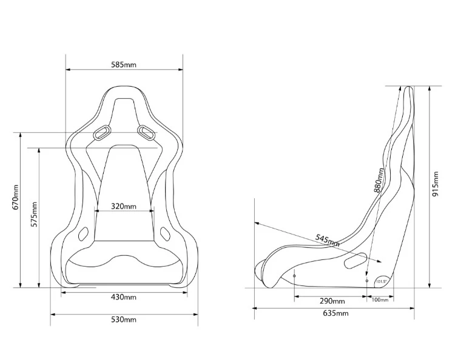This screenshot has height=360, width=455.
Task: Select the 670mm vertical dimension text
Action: [16, 199]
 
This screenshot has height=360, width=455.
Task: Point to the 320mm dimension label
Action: [124, 206]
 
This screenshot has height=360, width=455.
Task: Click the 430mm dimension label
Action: [124, 297]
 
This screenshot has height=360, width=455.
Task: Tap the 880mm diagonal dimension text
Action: [379, 182]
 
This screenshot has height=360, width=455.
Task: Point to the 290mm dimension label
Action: [332, 301]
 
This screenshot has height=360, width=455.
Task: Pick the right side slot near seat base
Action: [164, 232]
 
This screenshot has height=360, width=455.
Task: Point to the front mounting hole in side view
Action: [295, 276]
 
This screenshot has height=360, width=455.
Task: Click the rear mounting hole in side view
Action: [366, 281]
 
